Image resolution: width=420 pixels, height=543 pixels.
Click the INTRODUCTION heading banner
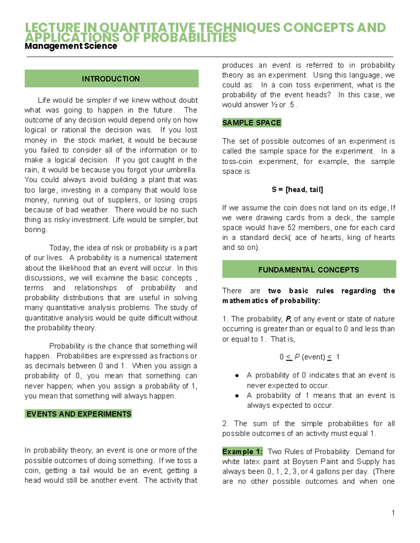coord(111,79)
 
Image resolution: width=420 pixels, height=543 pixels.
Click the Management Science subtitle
coord(71,46)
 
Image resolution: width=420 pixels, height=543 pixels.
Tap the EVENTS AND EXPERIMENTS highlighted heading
coord(79,414)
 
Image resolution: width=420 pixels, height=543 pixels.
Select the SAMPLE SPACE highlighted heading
coord(252,123)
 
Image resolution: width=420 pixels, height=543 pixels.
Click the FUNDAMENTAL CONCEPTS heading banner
coord(309,270)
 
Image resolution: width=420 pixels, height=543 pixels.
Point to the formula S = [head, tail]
coord(297,190)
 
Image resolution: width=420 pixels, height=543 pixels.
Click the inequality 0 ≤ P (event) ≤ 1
coord(309,357)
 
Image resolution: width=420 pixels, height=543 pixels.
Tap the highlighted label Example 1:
coord(242,452)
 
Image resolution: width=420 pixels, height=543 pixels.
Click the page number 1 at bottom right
coord(393,513)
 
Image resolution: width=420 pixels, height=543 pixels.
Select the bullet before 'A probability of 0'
coord(237,376)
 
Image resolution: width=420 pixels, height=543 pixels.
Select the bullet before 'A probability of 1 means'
coord(237,396)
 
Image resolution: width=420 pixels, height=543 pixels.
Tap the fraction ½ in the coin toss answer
coord(274,105)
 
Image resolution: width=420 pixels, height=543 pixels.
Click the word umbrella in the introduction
coord(181,170)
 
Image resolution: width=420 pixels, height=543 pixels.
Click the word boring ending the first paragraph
coord(35,230)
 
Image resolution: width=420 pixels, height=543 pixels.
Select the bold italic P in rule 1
coord(288,319)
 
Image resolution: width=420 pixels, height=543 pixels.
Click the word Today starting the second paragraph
coord(60,248)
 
